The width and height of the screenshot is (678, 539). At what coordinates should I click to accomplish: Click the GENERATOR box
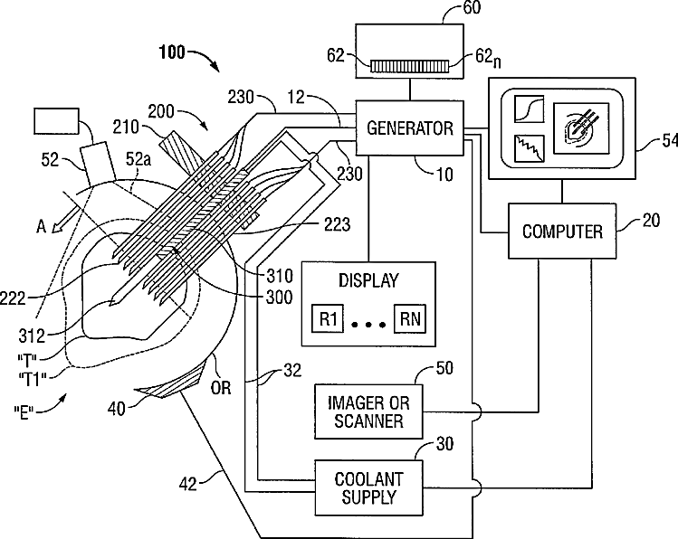pos(409,128)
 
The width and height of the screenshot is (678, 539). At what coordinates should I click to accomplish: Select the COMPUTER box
pos(562,232)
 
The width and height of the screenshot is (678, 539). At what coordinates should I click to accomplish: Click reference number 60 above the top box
pos(446,11)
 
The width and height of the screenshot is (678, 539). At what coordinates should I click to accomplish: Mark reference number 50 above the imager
pos(444,369)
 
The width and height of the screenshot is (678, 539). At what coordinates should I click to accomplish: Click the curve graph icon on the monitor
pos(527,109)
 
